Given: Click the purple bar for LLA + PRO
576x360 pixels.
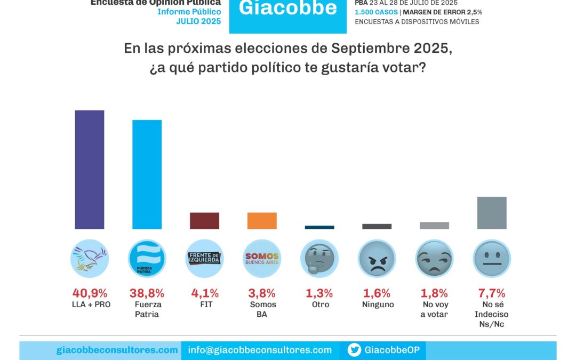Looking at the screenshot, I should point(90,170).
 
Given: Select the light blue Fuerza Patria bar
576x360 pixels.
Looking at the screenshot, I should point(147,174).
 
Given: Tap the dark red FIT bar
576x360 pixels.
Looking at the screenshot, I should point(204,221).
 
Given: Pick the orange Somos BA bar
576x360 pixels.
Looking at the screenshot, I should point(262,221).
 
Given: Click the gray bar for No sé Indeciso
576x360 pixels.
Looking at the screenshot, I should point(492,213).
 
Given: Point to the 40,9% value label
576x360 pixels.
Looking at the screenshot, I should point(90,293).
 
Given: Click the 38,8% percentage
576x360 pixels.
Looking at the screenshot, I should point(147,293).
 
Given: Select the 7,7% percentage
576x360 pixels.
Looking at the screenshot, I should point(491,293).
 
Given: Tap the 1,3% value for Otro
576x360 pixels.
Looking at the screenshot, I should point(319,293).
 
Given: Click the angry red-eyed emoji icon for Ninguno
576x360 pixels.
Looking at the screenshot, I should point(377,259).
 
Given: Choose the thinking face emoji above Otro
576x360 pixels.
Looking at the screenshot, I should point(319,259).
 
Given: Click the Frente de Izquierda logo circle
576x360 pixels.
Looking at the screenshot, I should point(204,259).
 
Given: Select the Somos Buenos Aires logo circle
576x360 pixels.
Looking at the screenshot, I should point(262,259).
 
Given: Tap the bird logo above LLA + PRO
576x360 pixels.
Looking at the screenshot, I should point(90,259).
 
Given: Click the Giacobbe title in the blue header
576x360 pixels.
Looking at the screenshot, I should point(287,9).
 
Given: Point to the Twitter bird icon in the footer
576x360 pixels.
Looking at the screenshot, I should point(354,350).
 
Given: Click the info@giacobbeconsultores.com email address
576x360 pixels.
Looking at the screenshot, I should point(260,350).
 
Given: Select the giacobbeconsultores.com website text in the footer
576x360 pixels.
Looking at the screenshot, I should point(117,350).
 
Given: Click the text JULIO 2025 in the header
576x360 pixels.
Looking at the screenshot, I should point(198,21).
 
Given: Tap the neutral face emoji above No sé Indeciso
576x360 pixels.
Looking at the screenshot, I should point(491,259).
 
